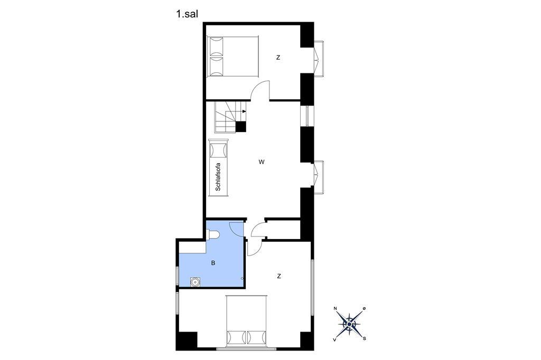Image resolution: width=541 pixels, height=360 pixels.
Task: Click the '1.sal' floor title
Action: coord(186,14)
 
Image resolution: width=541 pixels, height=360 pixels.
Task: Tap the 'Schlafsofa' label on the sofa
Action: coord(218,177)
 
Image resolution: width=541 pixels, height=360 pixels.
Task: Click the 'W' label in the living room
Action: coord(262,162)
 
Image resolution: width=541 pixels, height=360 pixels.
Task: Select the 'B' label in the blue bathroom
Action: coord(213,263)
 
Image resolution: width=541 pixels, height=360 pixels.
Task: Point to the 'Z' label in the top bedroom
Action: coord(278,58)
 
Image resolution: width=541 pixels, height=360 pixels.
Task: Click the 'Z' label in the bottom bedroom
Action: coord(279,276)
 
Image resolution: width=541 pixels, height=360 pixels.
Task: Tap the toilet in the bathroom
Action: coord(213,235)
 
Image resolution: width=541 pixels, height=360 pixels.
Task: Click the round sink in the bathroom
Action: coord(195,282)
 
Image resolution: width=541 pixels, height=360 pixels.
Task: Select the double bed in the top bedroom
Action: coord(232,56)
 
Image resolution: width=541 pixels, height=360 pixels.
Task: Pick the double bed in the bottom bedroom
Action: coord(246,321)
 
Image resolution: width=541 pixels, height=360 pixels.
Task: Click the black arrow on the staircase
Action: coord(244,111)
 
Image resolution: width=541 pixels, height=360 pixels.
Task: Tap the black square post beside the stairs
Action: coord(241,127)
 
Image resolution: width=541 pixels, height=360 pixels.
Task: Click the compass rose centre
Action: coord(350,324)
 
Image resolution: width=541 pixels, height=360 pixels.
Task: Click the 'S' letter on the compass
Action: coord(365,338)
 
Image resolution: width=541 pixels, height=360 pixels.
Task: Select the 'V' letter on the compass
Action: coord(334,339)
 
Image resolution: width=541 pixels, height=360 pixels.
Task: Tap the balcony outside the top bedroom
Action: coord(320,59)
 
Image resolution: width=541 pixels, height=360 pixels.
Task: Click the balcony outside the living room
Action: coord(320,177)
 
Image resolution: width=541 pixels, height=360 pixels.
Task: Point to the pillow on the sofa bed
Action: coord(218,150)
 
